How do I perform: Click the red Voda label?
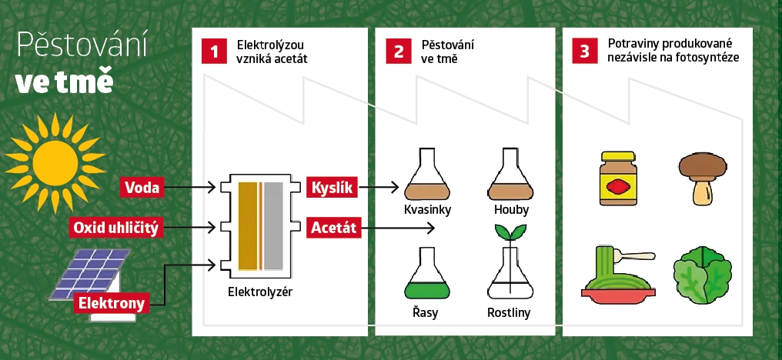point(142,187)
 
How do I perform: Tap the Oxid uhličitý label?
point(115,228)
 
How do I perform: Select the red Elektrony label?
point(111,303)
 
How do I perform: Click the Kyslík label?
point(333,187)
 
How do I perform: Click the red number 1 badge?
point(215,52)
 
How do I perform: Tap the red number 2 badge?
point(398,52)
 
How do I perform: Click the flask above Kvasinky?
point(426,176)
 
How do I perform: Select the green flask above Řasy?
point(426,275)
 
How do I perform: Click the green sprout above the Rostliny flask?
point(509,232)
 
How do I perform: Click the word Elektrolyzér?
point(261,292)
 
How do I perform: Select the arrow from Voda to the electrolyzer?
point(192,187)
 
